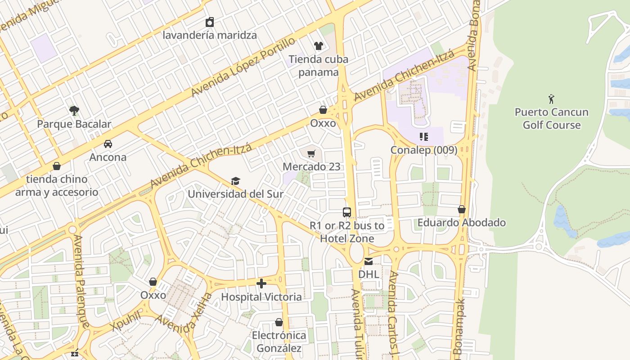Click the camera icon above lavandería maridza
(210, 22)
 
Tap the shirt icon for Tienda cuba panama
(319, 45)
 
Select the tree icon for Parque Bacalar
(74, 110)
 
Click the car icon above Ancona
(108, 144)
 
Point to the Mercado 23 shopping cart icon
(311, 154)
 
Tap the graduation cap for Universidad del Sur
(235, 181)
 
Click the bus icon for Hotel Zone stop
(346, 212)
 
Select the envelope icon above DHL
(369, 261)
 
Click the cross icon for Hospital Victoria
(261, 283)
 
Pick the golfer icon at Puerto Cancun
(551, 99)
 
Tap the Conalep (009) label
(423, 150)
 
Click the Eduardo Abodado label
(461, 223)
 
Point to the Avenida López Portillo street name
(243, 67)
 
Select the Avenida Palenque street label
(81, 281)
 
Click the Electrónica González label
(279, 342)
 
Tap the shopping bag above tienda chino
(57, 166)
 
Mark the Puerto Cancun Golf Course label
(551, 118)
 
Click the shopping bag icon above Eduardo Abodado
(461, 209)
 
